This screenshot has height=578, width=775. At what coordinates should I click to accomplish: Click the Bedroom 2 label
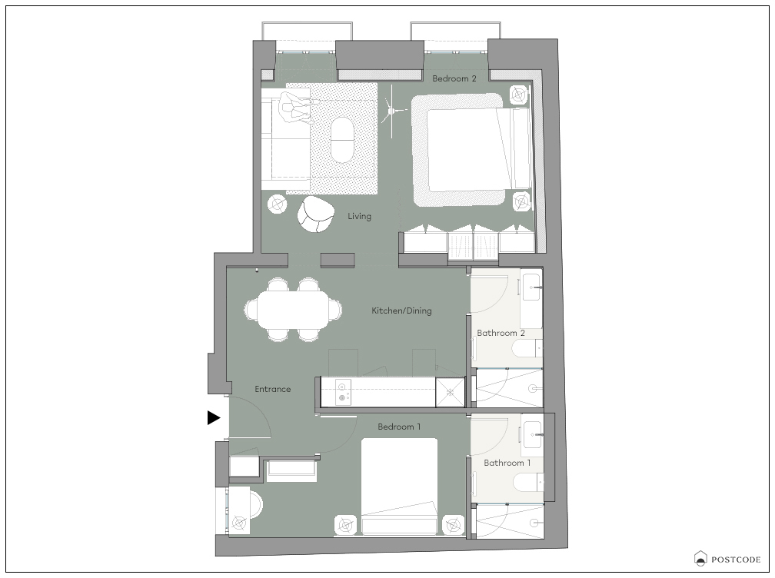454,78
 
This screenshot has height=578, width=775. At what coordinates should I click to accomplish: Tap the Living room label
359,217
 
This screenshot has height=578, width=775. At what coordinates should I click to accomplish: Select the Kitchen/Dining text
401,311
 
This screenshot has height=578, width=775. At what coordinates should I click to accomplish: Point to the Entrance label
272,389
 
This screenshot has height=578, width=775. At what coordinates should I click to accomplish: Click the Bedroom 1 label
399,427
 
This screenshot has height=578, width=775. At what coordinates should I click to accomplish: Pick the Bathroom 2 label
501,333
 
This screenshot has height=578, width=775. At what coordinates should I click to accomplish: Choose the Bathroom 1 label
507,463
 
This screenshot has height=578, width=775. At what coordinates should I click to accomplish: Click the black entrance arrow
214,418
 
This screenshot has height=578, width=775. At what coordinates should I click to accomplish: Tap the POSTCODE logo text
736,560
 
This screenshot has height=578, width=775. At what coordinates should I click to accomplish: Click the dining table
293,310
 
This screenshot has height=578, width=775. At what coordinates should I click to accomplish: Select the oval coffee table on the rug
342,140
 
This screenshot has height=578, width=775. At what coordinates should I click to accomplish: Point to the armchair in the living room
315,214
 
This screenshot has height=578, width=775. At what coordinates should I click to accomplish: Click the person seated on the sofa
296,107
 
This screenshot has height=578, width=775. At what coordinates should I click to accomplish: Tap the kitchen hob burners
342,392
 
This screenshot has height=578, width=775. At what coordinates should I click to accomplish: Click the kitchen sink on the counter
450,392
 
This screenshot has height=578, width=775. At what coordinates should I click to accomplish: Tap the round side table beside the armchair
278,204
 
